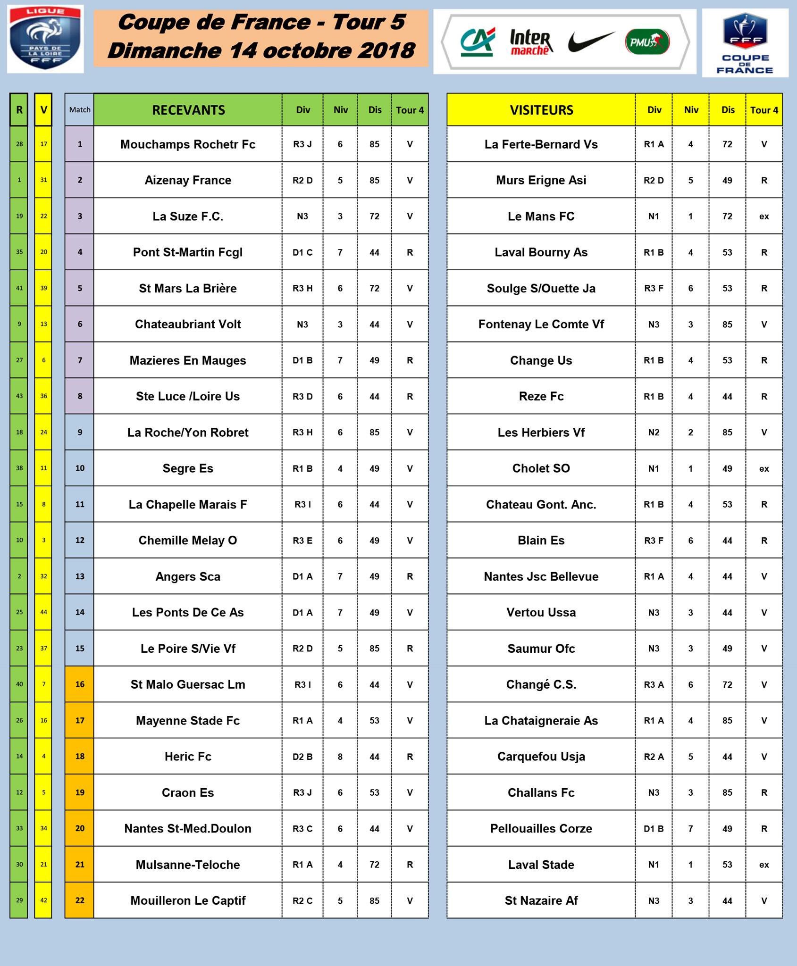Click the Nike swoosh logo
[x=591, y=42]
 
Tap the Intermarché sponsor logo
[x=531, y=42]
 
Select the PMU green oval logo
[x=647, y=42]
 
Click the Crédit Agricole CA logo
[x=478, y=42]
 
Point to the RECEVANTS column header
[x=188, y=110]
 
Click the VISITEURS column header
[x=541, y=110]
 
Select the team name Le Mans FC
[x=541, y=217]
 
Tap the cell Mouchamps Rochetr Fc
[x=188, y=144]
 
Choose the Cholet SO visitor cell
[x=541, y=468]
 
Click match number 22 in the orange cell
[x=80, y=900]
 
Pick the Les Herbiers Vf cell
[x=541, y=433]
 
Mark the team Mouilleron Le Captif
[x=188, y=900]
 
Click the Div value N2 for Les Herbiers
[x=654, y=433]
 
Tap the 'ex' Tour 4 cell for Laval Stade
[x=764, y=865]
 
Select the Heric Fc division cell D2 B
[x=302, y=757]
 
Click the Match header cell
[x=80, y=110]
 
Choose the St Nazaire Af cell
[x=541, y=900]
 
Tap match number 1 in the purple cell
[x=80, y=144]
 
